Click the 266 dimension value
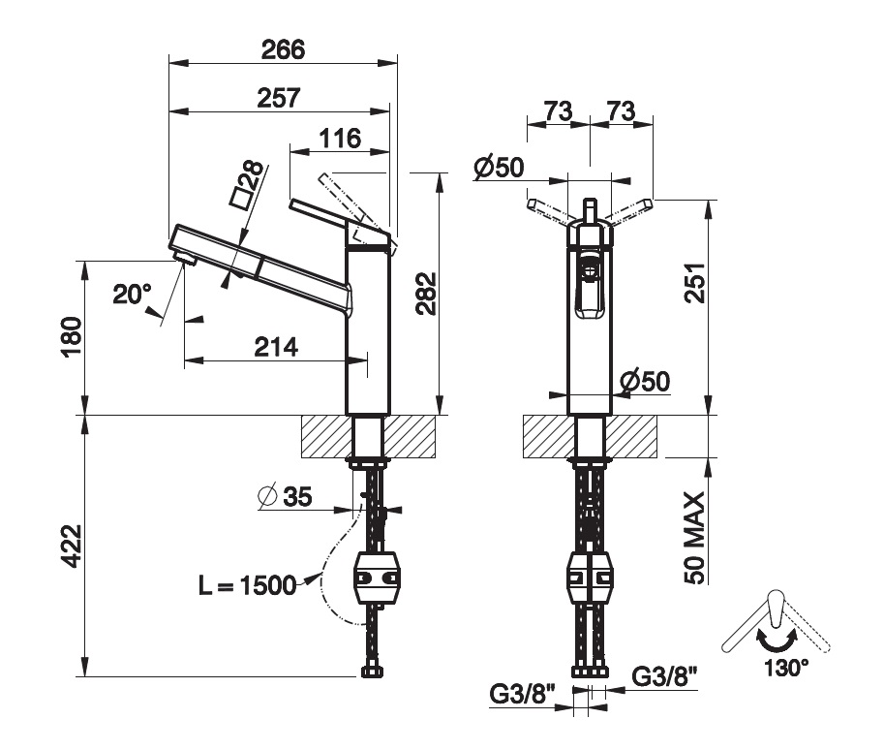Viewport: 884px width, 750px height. pyautogui.click(x=282, y=48)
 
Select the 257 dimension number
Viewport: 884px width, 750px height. pyautogui.click(x=279, y=97)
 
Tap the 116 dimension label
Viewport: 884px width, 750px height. pyautogui.click(x=341, y=139)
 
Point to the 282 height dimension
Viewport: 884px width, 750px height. pyautogui.click(x=426, y=294)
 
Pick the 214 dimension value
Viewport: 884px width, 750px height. pyautogui.click(x=276, y=346)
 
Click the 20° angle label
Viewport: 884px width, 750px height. pyautogui.click(x=133, y=294)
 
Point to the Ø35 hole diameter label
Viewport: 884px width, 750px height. pyautogui.click(x=286, y=498)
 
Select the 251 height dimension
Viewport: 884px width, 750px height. pyautogui.click(x=694, y=283)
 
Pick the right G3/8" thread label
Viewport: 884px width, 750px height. pyautogui.click(x=665, y=674)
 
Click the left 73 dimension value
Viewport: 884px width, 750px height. pyautogui.click(x=557, y=110)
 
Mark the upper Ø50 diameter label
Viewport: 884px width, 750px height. pyautogui.click(x=500, y=168)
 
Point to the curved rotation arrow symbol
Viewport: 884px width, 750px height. pyautogui.click(x=777, y=640)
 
